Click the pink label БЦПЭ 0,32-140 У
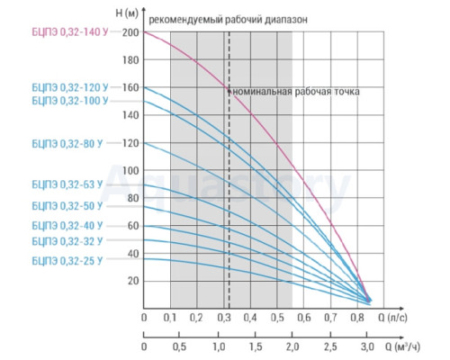pos(70,32)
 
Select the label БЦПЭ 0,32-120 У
pos(70,87)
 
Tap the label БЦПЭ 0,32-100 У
pos(70,101)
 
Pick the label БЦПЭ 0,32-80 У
pos(67,144)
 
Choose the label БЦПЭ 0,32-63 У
pos(67,184)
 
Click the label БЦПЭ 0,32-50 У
pos(67,206)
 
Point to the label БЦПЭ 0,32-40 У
pos(67,226)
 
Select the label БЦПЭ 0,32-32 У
pos(67,241)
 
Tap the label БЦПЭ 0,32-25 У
pos(67,261)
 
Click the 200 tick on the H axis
pos(130,32)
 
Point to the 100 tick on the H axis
pos(130,170)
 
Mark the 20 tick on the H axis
pos(133,281)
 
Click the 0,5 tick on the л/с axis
pos(277,318)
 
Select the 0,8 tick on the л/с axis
pos(357,318)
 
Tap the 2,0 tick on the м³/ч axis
pos(292,346)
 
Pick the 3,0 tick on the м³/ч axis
pos(367,346)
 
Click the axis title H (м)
pos(127,13)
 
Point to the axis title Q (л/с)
pos(392,318)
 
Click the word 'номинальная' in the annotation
pos(262,91)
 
